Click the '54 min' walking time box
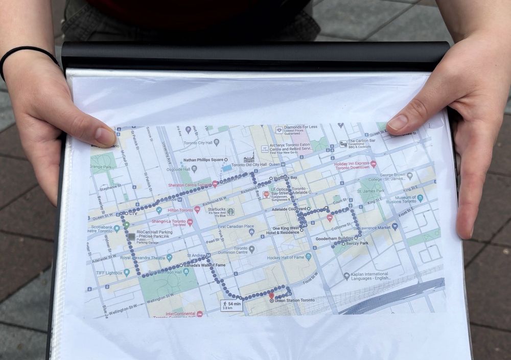tap(231, 305)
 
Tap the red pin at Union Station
tap(271, 295)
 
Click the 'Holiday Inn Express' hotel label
tap(352, 165)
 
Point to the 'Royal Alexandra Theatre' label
tap(143, 258)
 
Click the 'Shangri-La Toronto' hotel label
tap(169, 222)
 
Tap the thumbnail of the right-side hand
tap(398, 123)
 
